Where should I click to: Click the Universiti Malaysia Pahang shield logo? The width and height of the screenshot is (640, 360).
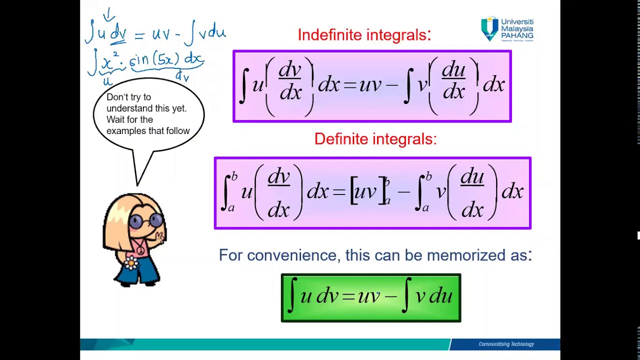coord(489,28)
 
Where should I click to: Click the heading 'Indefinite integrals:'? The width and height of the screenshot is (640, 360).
coord(364,35)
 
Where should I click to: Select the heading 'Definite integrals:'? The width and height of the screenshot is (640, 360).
coord(375,139)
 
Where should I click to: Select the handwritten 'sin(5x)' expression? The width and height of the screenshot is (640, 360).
coord(151,60)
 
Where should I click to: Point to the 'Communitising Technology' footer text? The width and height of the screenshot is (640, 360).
coord(506,344)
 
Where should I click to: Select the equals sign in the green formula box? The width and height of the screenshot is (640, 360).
coord(348,297)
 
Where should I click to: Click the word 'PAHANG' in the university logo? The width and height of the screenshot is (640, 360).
coord(517,36)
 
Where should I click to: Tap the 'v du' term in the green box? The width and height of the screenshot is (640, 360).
coord(433,296)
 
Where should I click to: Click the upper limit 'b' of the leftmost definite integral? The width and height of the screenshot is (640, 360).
coord(234,176)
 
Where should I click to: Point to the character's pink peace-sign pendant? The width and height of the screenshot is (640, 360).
coord(141,248)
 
